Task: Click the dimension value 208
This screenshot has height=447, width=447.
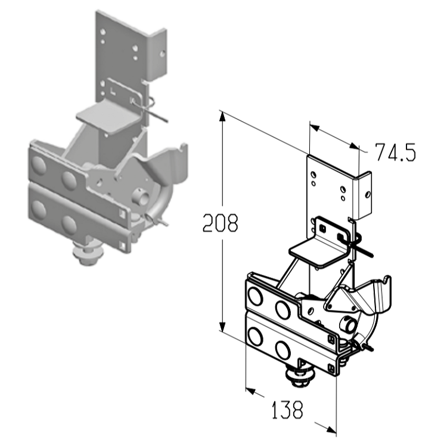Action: (220, 223)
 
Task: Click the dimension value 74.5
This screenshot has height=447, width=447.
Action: (395, 152)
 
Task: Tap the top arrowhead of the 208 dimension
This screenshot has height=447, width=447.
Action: (223, 117)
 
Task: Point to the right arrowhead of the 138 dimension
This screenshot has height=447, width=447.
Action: (331, 429)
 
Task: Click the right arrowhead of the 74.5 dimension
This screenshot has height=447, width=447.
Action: (353, 146)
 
